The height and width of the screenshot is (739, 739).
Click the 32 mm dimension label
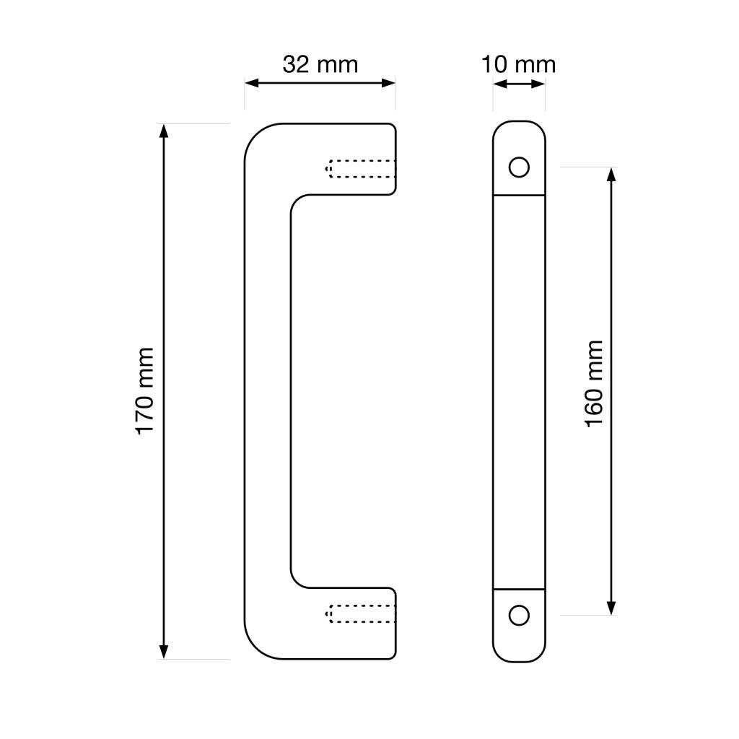click(320, 64)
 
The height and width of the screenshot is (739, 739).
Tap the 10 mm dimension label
click(518, 64)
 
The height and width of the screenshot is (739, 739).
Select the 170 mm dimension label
click(145, 391)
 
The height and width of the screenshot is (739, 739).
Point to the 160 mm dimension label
click(594, 384)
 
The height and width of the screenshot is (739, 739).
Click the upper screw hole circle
click(519, 167)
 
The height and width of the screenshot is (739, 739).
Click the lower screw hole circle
click(519, 615)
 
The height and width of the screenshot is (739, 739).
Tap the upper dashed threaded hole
click(361, 169)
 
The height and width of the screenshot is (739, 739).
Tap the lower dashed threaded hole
click(361, 613)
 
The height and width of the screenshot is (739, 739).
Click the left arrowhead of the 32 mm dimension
click(252, 84)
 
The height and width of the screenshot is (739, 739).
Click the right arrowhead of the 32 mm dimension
click(388, 84)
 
